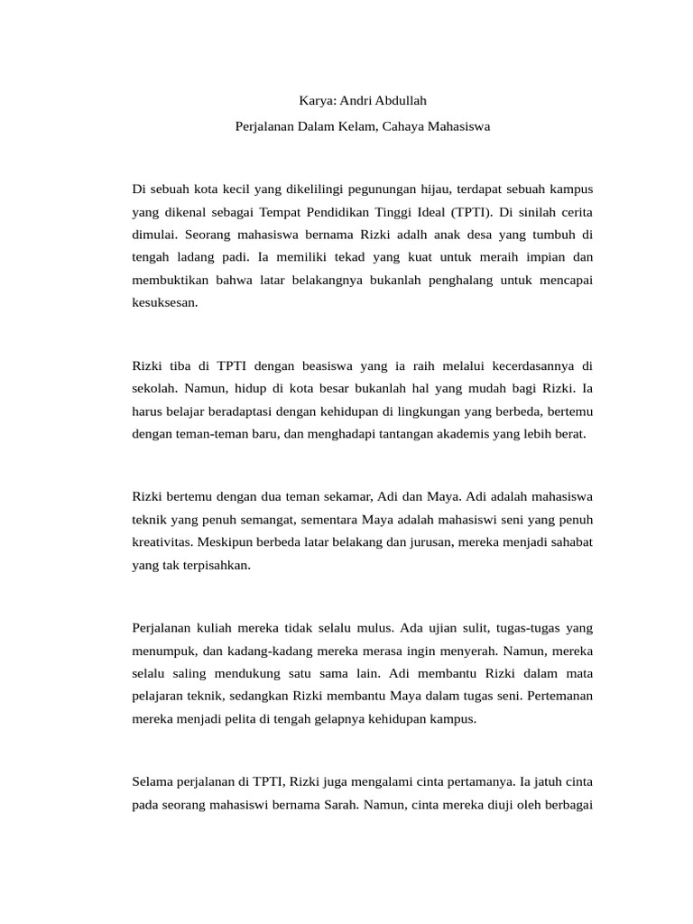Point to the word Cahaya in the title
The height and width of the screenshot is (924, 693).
(x=405, y=127)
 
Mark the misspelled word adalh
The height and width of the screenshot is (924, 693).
(x=436, y=235)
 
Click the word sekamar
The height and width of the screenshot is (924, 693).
(x=318, y=496)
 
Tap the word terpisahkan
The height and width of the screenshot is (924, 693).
(x=217, y=565)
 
